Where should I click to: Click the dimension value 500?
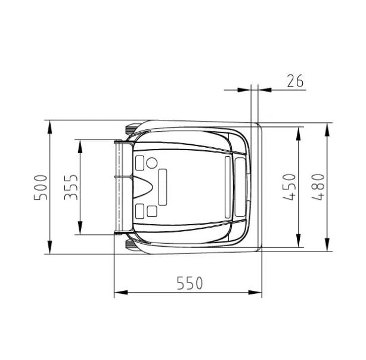tap(41, 187)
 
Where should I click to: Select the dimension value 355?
tap(71, 187)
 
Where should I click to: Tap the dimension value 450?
tap(289, 187)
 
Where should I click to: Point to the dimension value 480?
tap(318, 187)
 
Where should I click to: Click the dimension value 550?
tap(190, 283)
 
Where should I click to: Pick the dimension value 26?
tap(295, 81)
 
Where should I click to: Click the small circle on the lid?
tap(152, 163)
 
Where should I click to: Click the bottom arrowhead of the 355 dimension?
tap(80, 228)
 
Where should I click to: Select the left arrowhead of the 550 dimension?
tap(121, 292)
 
